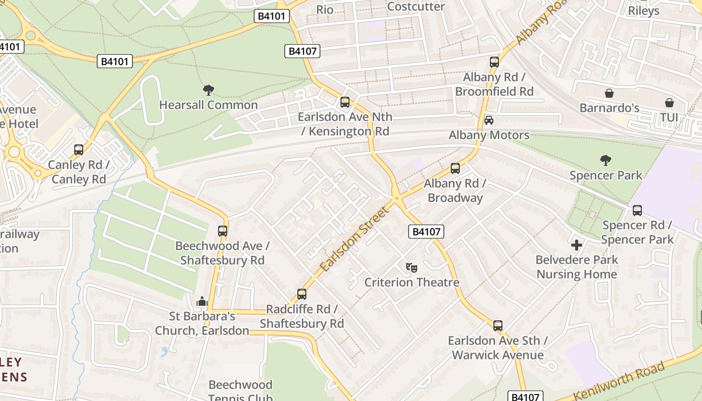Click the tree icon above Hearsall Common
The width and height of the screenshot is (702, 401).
click(209, 90)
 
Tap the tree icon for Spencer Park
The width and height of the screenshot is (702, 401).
click(606, 160)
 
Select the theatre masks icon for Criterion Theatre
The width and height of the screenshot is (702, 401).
click(412, 268)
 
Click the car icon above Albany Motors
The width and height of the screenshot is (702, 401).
click(489, 120)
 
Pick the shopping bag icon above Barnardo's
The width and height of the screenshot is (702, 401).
click(609, 93)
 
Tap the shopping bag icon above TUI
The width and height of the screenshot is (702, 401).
click(669, 103)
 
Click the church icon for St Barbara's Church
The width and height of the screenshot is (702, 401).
click(202, 301)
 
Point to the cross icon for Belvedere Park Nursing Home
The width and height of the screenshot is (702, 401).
click(577, 245)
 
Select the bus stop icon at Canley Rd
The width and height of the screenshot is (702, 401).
click(79, 150)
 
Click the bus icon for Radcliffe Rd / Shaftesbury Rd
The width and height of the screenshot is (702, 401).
click(301, 294)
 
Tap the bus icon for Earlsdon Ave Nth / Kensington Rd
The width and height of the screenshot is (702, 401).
click(344, 102)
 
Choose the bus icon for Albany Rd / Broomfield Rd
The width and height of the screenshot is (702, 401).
click(494, 62)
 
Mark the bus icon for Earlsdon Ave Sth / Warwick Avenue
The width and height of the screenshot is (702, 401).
click(497, 326)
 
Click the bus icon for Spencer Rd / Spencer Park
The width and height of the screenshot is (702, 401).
click(637, 211)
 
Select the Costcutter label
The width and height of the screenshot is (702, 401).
click(416, 7)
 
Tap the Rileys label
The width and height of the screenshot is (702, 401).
click(643, 11)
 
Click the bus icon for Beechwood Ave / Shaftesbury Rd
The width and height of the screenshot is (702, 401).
click(223, 231)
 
